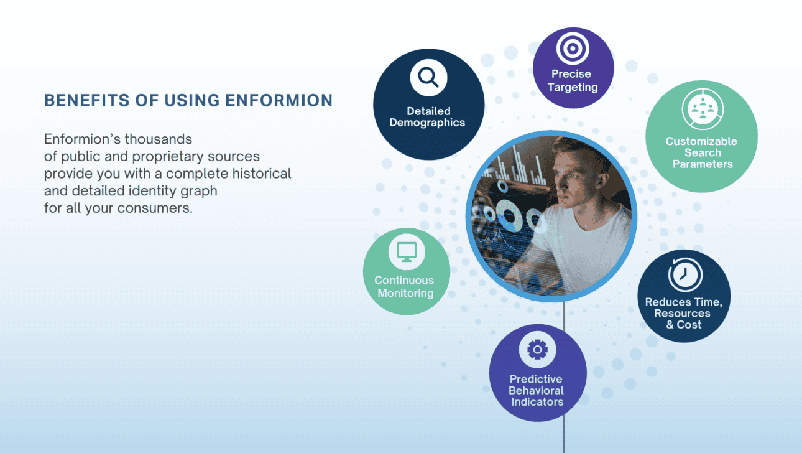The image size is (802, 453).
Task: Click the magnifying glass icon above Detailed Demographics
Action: click(x=428, y=77)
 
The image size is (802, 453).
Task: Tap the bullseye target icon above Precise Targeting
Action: click(x=573, y=49)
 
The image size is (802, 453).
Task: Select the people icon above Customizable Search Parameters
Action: click(x=703, y=109)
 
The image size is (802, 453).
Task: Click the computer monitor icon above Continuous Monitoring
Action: click(x=407, y=251)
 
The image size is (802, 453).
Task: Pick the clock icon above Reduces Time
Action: click(x=685, y=275)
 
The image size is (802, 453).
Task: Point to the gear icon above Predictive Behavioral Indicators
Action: click(x=537, y=350)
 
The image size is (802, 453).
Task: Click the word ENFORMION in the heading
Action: click(x=279, y=100)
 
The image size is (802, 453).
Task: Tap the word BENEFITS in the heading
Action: click(x=87, y=100)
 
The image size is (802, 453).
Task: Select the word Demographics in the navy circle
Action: click(x=427, y=123)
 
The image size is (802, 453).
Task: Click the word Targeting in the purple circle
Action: click(x=573, y=88)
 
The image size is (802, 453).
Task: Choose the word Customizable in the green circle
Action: click(x=701, y=141)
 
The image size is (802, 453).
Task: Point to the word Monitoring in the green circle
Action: click(x=405, y=293)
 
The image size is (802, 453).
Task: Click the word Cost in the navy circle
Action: click(x=689, y=325)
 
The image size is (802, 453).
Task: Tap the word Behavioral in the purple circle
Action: click(x=536, y=390)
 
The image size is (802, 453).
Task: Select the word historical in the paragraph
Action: click(x=262, y=174)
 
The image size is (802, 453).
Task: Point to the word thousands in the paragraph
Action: click(x=159, y=139)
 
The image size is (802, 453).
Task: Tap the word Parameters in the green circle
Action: click(x=703, y=164)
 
